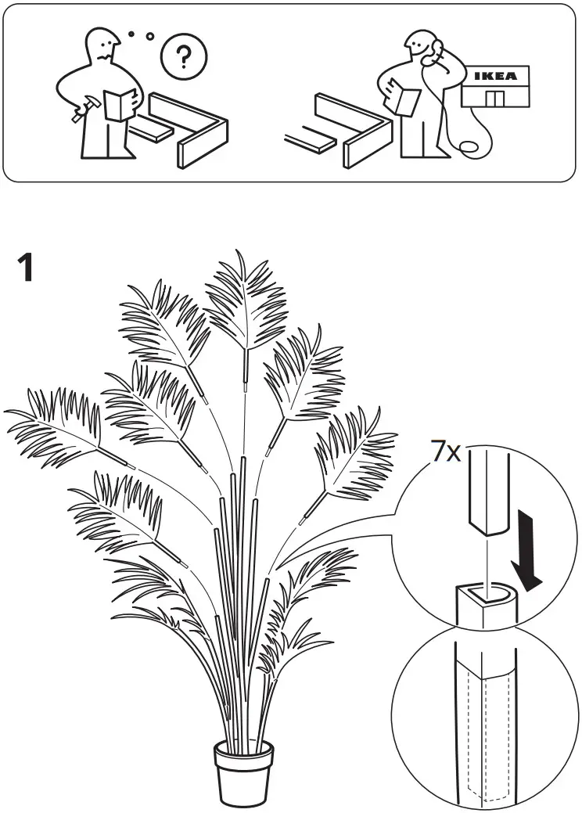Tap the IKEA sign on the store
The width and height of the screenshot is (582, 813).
(x=496, y=76)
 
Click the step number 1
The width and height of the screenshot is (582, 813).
(x=25, y=268)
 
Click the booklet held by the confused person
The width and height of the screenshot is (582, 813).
(x=119, y=105)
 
